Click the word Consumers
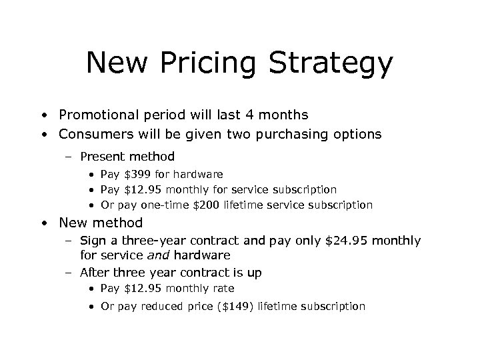tap(93, 134)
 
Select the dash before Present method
tap(69, 157)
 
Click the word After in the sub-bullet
tap(93, 272)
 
